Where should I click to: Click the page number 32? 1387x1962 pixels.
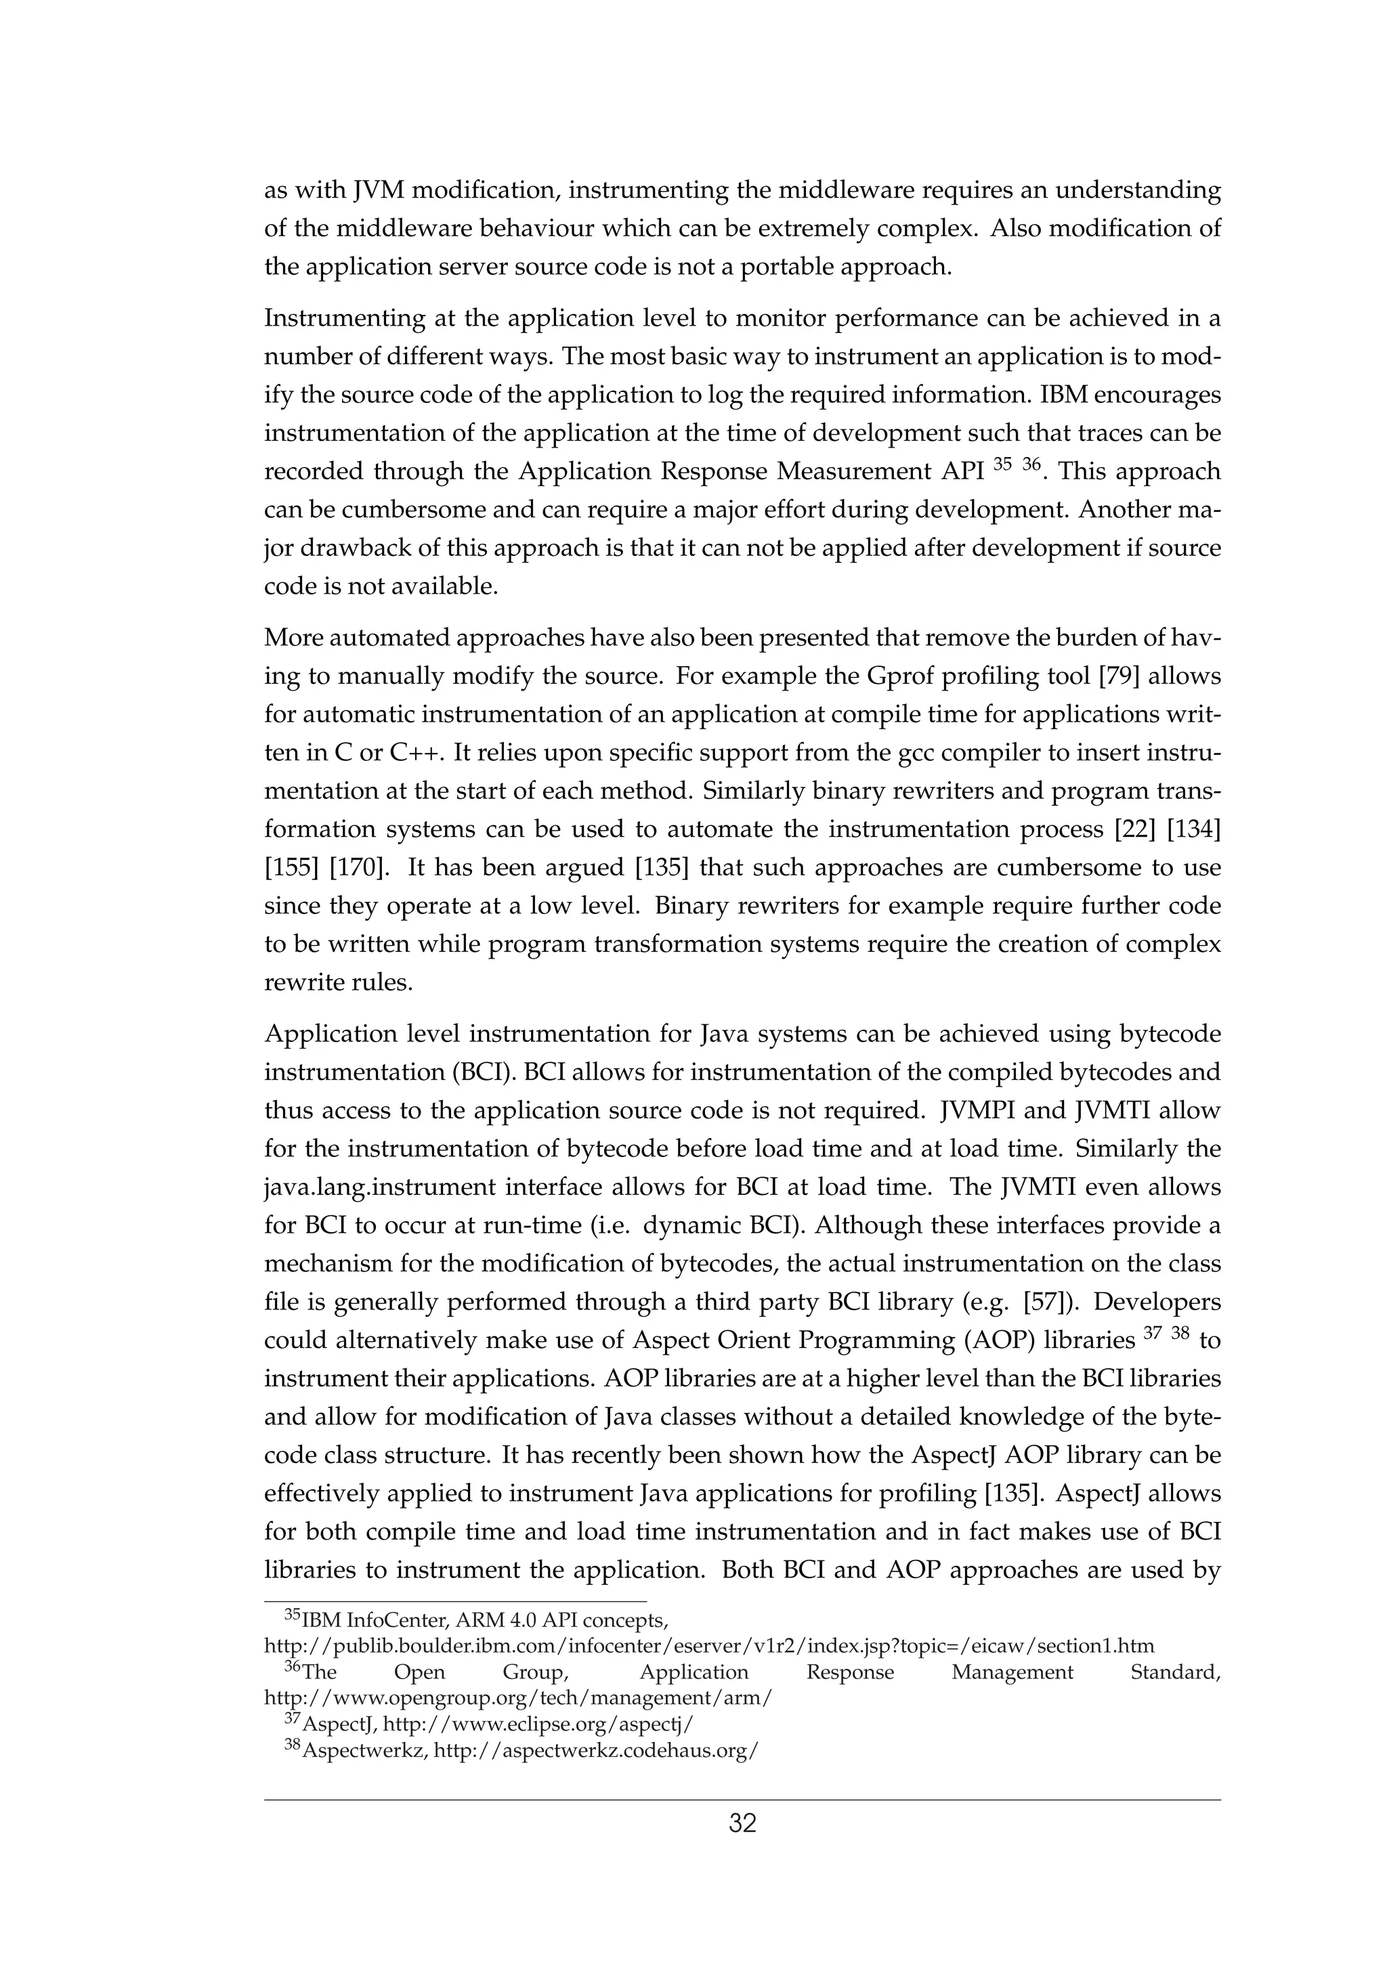[x=742, y=1825]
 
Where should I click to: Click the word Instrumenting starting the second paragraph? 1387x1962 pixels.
[x=357, y=319]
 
